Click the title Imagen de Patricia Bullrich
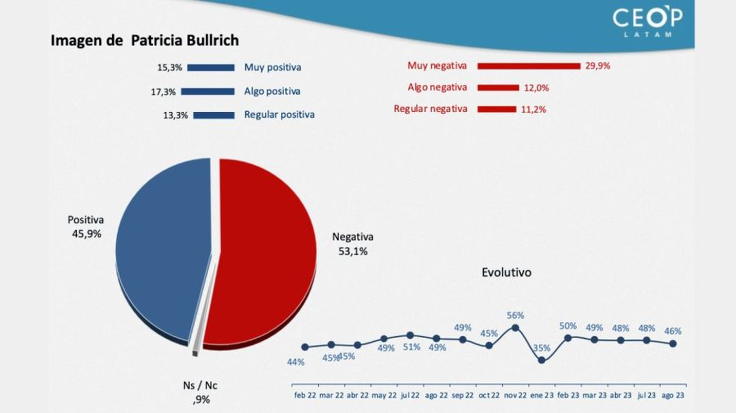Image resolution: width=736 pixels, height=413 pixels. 145,41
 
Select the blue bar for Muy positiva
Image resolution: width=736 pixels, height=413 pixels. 211,68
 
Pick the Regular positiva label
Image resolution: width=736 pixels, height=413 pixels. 279,115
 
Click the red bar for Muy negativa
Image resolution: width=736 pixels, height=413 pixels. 529,66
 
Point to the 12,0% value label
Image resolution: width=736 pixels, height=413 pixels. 537,88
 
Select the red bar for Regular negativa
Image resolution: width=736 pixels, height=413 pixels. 497,109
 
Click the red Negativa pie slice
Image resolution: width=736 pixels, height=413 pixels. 264,252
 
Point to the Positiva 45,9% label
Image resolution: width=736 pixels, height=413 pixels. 85,226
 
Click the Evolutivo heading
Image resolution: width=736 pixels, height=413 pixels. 507,272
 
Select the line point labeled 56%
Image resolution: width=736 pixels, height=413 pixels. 515,328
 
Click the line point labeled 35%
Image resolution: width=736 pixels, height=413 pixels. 542,360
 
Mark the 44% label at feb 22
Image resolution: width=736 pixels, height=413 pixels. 296,362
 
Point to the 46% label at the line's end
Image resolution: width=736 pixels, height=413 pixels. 673,331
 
